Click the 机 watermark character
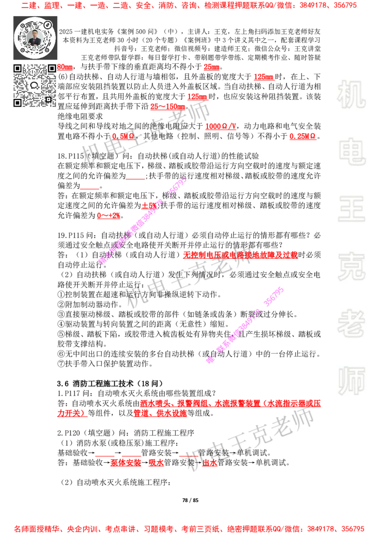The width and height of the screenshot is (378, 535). coord(351,95)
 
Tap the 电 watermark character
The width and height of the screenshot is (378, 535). coord(353,151)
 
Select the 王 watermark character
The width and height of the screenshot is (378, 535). coord(351,209)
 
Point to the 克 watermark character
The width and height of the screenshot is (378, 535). coord(351,267)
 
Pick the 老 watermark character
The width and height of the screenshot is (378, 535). coord(351,323)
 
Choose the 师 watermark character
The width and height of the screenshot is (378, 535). coord(351,381)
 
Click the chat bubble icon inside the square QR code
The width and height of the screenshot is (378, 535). coord(34,86)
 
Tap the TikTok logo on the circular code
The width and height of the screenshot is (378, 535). coord(47,24)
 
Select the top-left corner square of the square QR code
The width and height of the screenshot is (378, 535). coord(17,69)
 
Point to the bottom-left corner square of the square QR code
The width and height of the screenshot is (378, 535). coord(17,102)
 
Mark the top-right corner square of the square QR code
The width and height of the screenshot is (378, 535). coord(51,69)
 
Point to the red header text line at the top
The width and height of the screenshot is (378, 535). coord(189,6)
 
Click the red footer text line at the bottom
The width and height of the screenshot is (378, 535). coord(189,529)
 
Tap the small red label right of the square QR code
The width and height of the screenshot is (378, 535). coord(65,68)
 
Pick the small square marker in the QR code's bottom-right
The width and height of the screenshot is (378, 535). coord(48,99)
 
